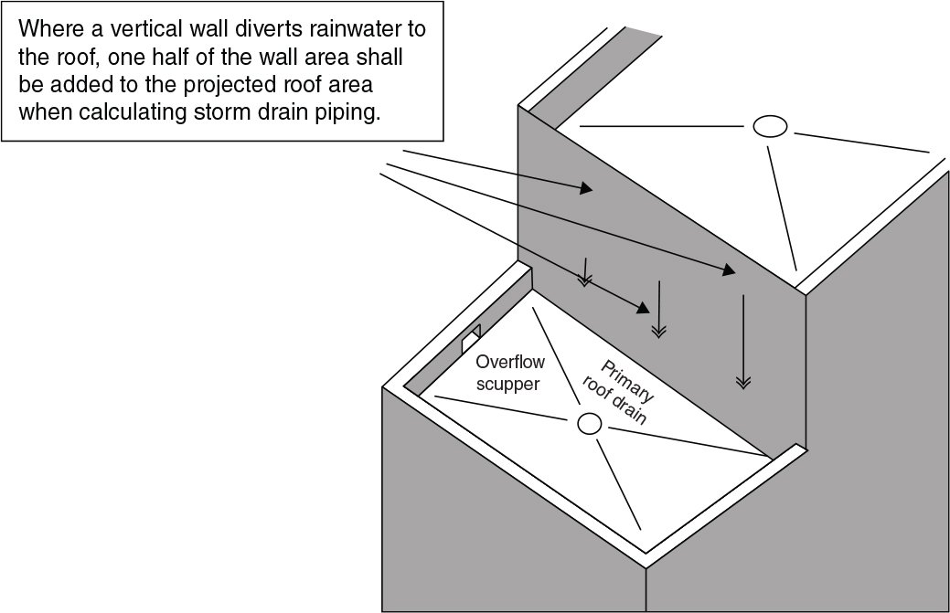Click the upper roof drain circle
click(770, 127)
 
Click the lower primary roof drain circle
click(590, 423)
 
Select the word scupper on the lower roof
click(507, 385)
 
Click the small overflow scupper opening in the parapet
click(471, 338)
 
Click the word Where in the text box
click(47, 28)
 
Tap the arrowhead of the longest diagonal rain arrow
click(728, 271)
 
